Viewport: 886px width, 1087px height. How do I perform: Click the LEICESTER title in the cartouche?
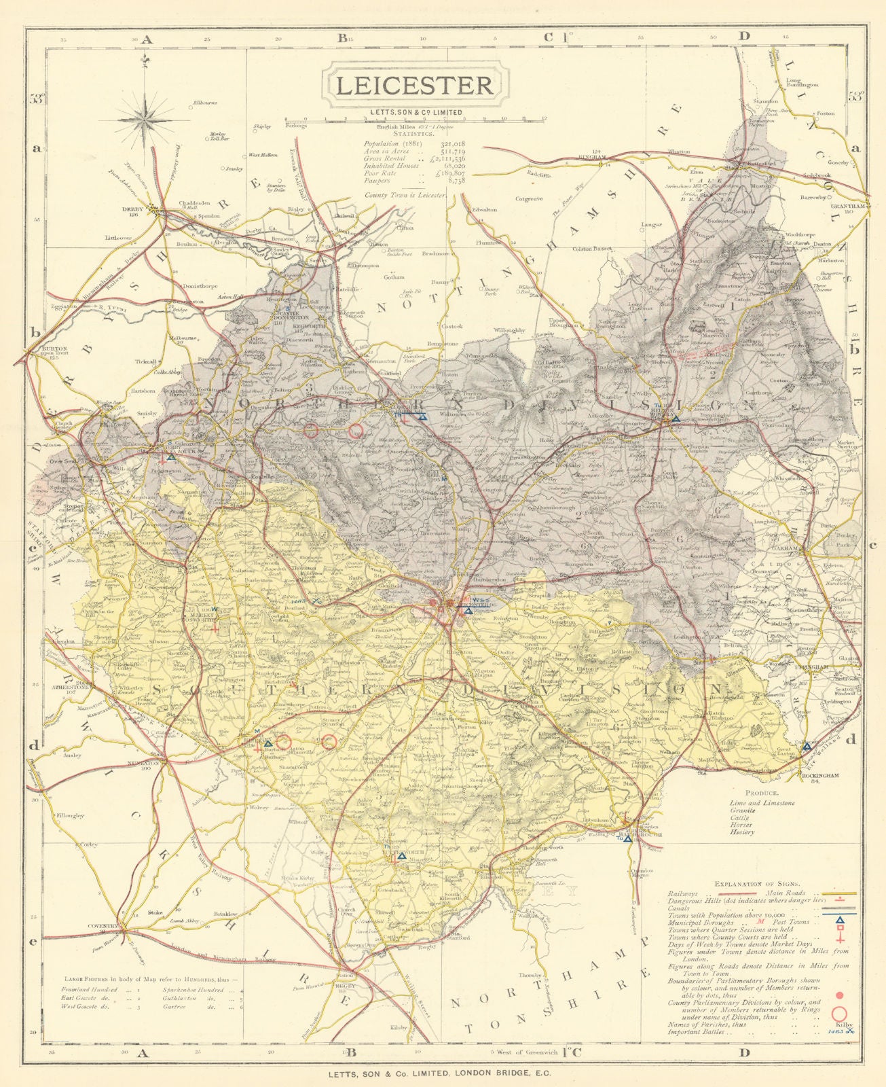tap(414, 86)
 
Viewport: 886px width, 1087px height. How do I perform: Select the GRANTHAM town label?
tap(852, 206)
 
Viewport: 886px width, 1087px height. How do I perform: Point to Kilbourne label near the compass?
tap(205, 103)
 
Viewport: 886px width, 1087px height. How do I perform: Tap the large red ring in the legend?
tap(840, 1014)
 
